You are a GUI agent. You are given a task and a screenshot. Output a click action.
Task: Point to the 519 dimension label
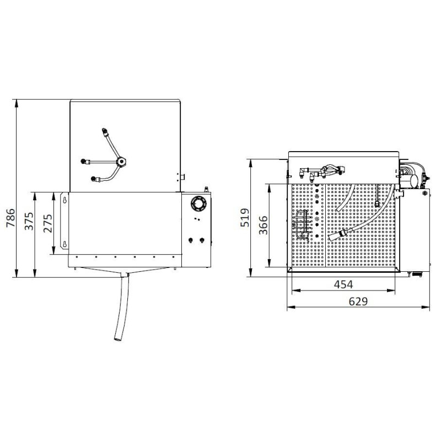point(246,218)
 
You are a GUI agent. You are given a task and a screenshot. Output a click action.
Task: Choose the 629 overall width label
point(358,301)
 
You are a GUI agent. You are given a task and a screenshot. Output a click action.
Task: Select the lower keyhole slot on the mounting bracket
point(65,244)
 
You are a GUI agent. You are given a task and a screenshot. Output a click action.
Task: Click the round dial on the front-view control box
point(196,204)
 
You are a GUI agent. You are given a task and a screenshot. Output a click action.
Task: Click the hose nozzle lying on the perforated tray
point(338,234)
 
